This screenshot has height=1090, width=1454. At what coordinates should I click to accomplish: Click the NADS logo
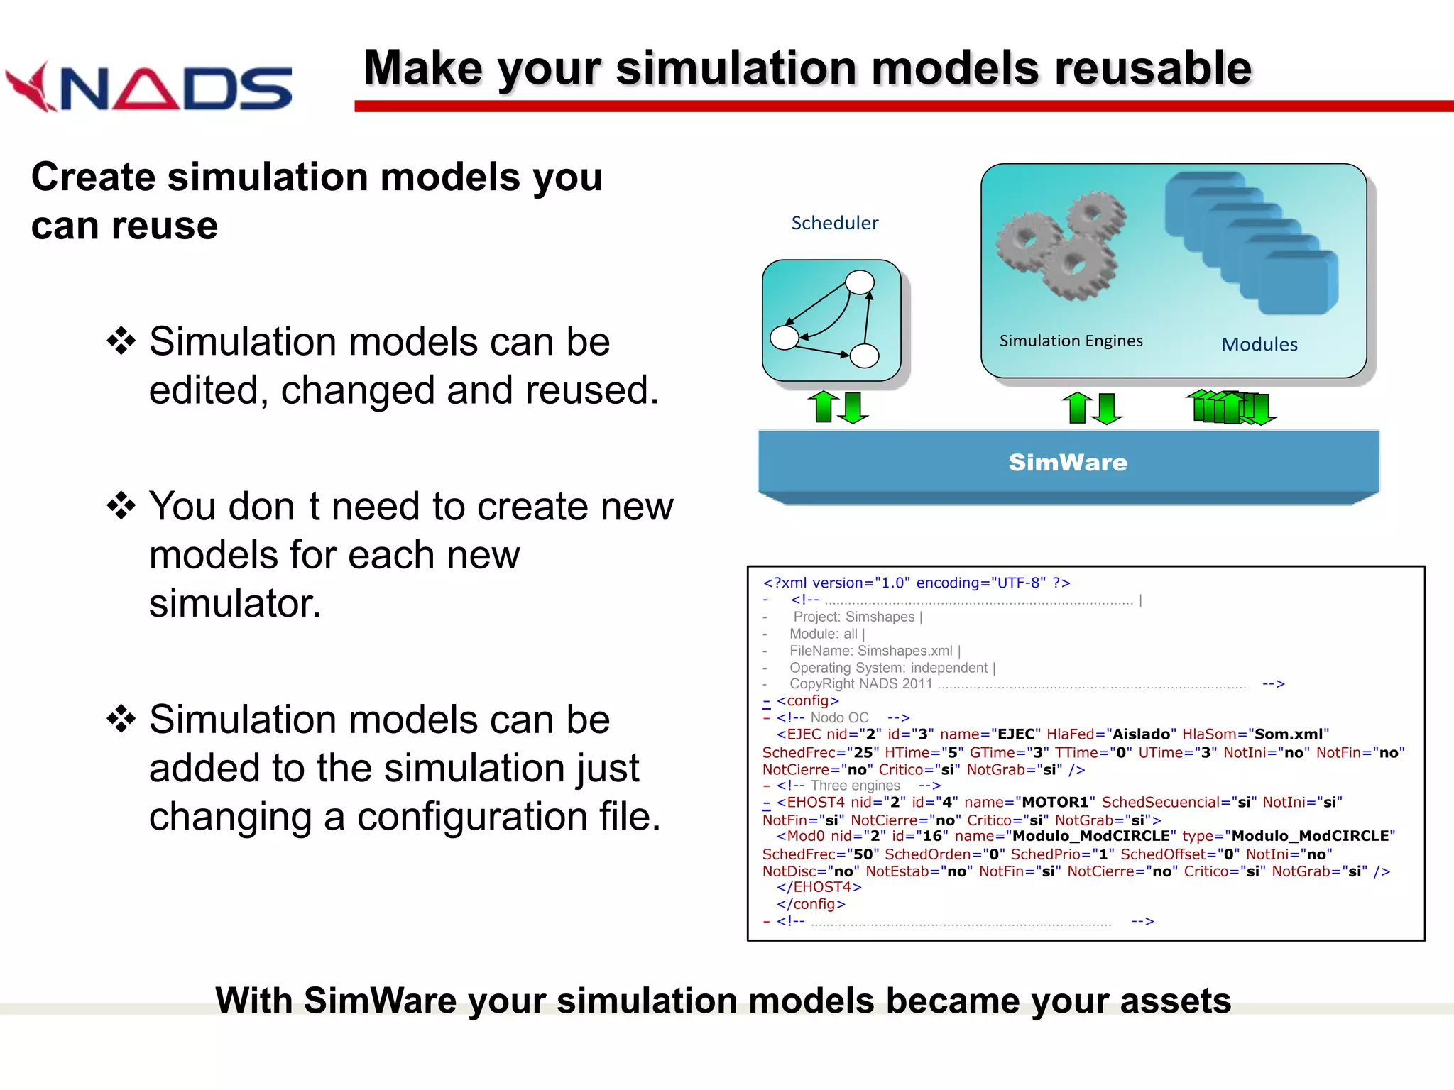click(x=149, y=87)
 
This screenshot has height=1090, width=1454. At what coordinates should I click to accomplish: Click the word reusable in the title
click(x=1152, y=69)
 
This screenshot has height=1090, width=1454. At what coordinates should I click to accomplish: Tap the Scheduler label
click(x=834, y=223)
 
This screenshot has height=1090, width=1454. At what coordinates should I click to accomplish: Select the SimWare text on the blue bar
click(x=1068, y=463)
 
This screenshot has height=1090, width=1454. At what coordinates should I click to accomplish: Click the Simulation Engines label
click(x=1071, y=341)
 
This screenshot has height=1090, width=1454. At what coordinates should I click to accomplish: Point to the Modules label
click(x=1259, y=345)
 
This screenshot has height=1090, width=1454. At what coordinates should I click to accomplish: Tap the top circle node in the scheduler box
click(x=860, y=282)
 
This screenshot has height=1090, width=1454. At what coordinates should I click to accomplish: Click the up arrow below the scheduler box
click(x=824, y=407)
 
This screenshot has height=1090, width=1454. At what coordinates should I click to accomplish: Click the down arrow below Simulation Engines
click(x=1108, y=409)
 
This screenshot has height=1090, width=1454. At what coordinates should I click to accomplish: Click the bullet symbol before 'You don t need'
click(x=121, y=506)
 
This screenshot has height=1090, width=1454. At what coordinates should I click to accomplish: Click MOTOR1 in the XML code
click(x=1055, y=803)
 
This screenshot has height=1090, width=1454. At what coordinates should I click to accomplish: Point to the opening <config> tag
click(x=807, y=701)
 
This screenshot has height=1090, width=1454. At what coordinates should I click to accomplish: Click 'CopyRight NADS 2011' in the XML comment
click(x=860, y=684)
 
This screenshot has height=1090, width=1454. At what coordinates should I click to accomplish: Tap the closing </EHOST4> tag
click(x=819, y=888)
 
